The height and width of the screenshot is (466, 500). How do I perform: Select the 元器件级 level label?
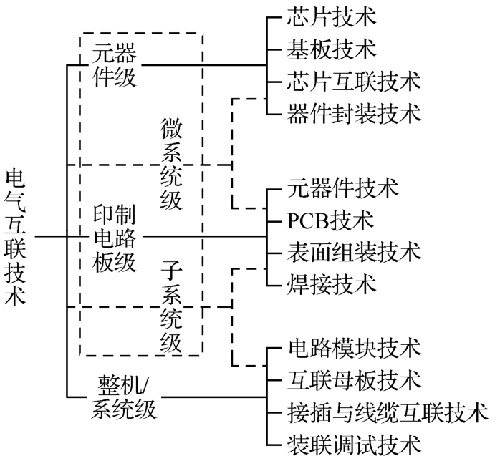pos(115,65)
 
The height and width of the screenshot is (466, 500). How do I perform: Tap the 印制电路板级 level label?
pos(115,236)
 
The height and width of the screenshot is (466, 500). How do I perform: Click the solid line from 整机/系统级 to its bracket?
pos(211,396)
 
